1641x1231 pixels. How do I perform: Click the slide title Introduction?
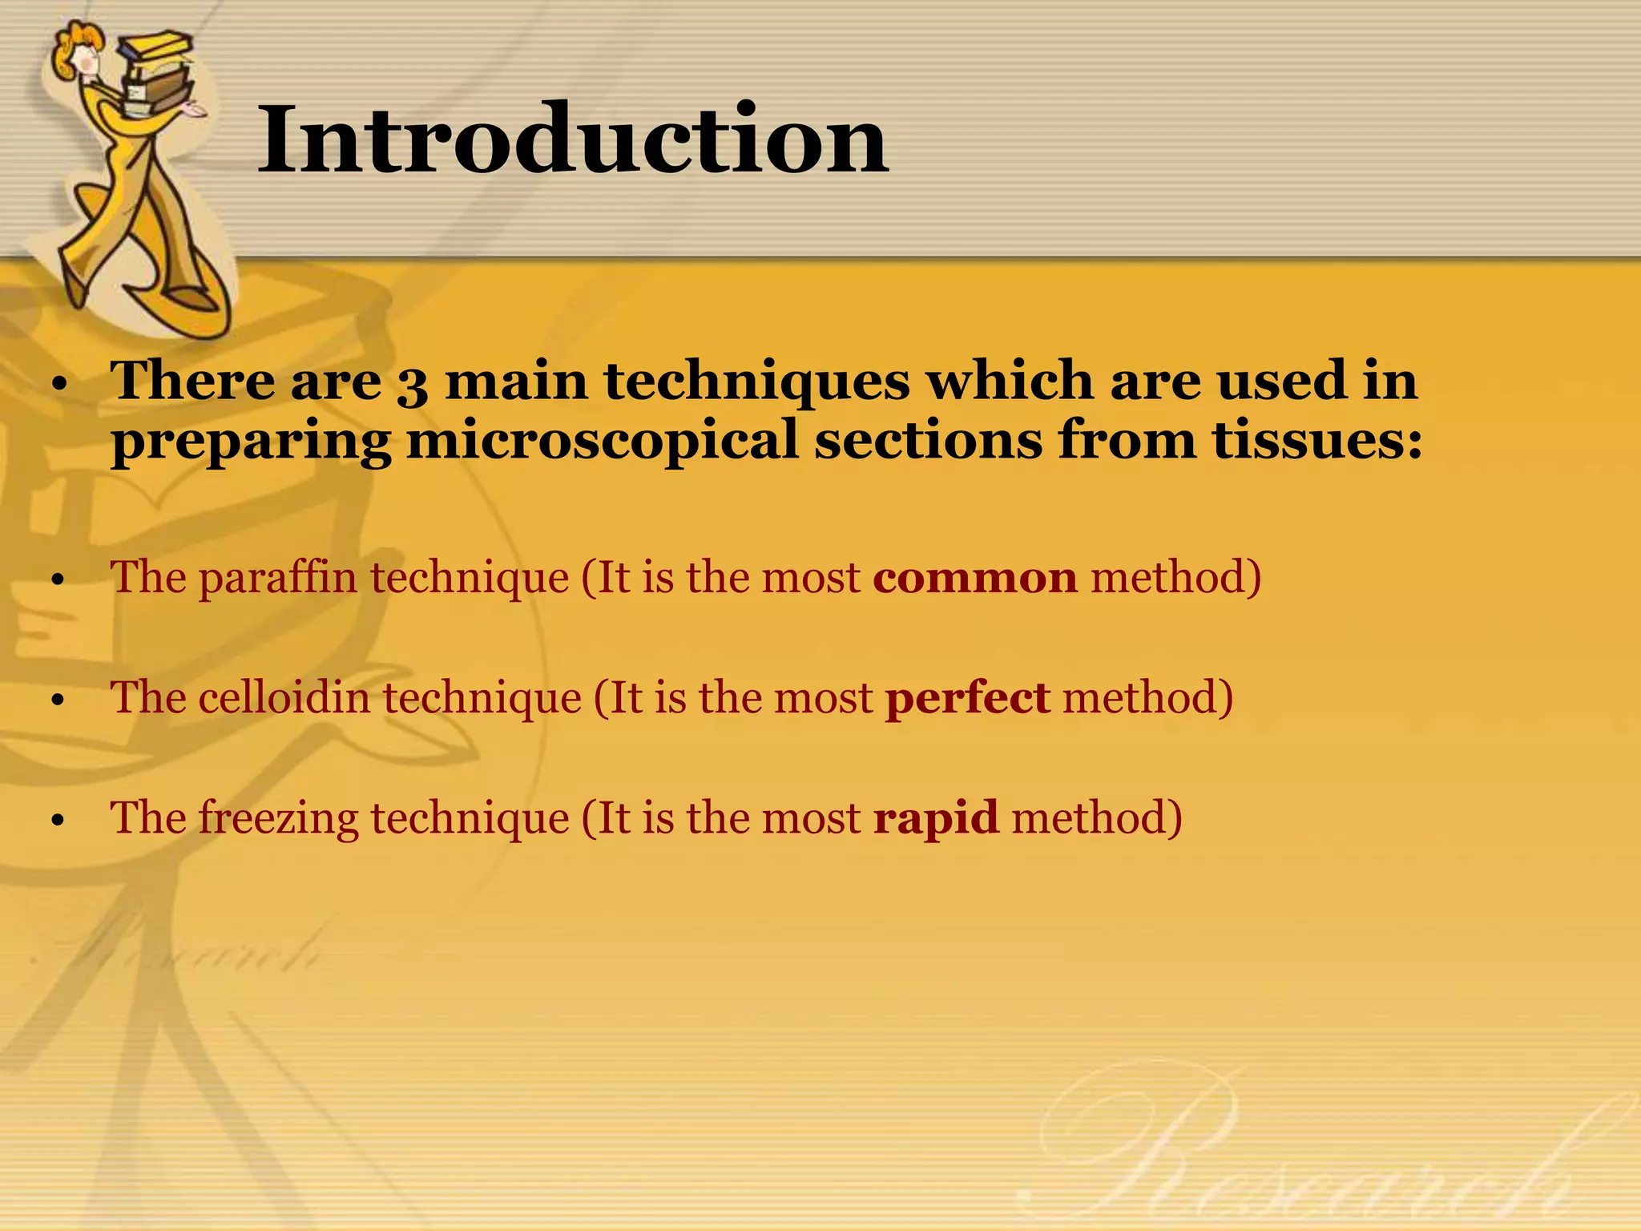click(x=572, y=140)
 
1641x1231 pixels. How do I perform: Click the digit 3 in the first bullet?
click(x=412, y=383)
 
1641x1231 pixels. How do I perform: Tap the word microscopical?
click(x=602, y=442)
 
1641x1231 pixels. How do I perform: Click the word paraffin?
click(x=277, y=579)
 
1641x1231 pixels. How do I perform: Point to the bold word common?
click(x=975, y=579)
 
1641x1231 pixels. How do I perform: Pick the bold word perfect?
click(x=967, y=699)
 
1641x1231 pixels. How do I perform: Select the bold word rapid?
click(x=936, y=819)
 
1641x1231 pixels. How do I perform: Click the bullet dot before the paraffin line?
click(x=56, y=580)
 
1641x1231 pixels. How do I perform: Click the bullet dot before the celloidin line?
click(x=56, y=700)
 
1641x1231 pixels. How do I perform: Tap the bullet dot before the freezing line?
click(x=56, y=821)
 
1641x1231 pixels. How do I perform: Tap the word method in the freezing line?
click(x=1096, y=819)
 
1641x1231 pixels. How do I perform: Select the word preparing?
click(x=251, y=442)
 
